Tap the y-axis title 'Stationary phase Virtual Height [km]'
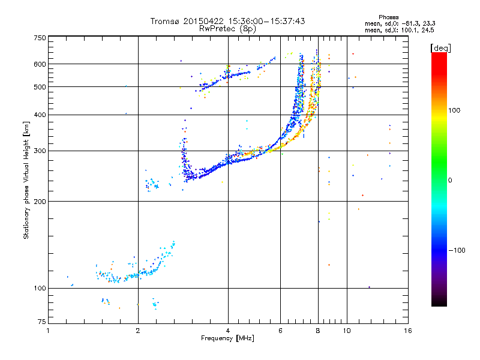tap(26, 181)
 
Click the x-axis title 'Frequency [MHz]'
tap(227, 339)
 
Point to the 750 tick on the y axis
tap(40, 38)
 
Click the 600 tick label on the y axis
tap(40, 64)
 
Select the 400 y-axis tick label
tap(40, 115)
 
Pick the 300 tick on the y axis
tap(40, 151)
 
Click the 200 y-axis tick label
tap(40, 201)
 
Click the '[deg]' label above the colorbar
tap(440, 47)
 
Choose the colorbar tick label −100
tap(456, 250)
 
